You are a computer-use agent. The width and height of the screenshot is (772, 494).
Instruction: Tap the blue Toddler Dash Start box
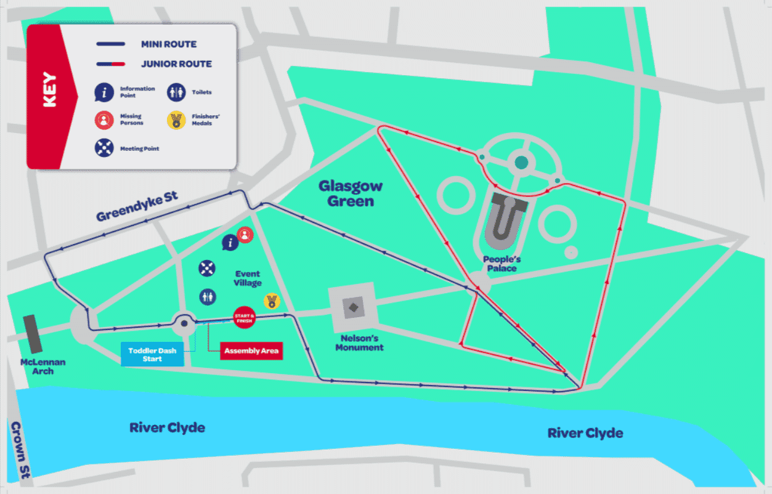tap(152, 355)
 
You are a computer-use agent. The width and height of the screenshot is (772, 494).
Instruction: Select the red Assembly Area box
tap(251, 351)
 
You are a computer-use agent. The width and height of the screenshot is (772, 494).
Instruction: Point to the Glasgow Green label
tap(351, 193)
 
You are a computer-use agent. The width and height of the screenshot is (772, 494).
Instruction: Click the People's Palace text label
tap(500, 264)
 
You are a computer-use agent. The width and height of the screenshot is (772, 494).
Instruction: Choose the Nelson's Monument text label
tap(360, 342)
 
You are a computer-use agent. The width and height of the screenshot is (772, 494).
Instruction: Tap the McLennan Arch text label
tap(43, 366)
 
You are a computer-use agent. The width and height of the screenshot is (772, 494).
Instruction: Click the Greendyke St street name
tap(137, 206)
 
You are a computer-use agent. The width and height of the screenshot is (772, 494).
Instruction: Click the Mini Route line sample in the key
tap(111, 44)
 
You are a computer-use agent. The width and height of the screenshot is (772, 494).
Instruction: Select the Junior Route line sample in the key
tap(111, 64)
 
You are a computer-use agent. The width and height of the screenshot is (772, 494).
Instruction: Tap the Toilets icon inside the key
tap(177, 92)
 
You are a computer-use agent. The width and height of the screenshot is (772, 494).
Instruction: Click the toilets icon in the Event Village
tap(208, 296)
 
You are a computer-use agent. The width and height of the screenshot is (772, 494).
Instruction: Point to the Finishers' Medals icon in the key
tap(177, 120)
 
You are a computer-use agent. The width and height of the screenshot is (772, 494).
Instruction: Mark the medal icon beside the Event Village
tap(272, 301)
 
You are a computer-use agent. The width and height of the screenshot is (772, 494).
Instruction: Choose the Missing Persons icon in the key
tap(104, 120)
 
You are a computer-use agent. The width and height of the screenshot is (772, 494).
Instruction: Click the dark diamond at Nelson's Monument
tap(354, 307)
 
